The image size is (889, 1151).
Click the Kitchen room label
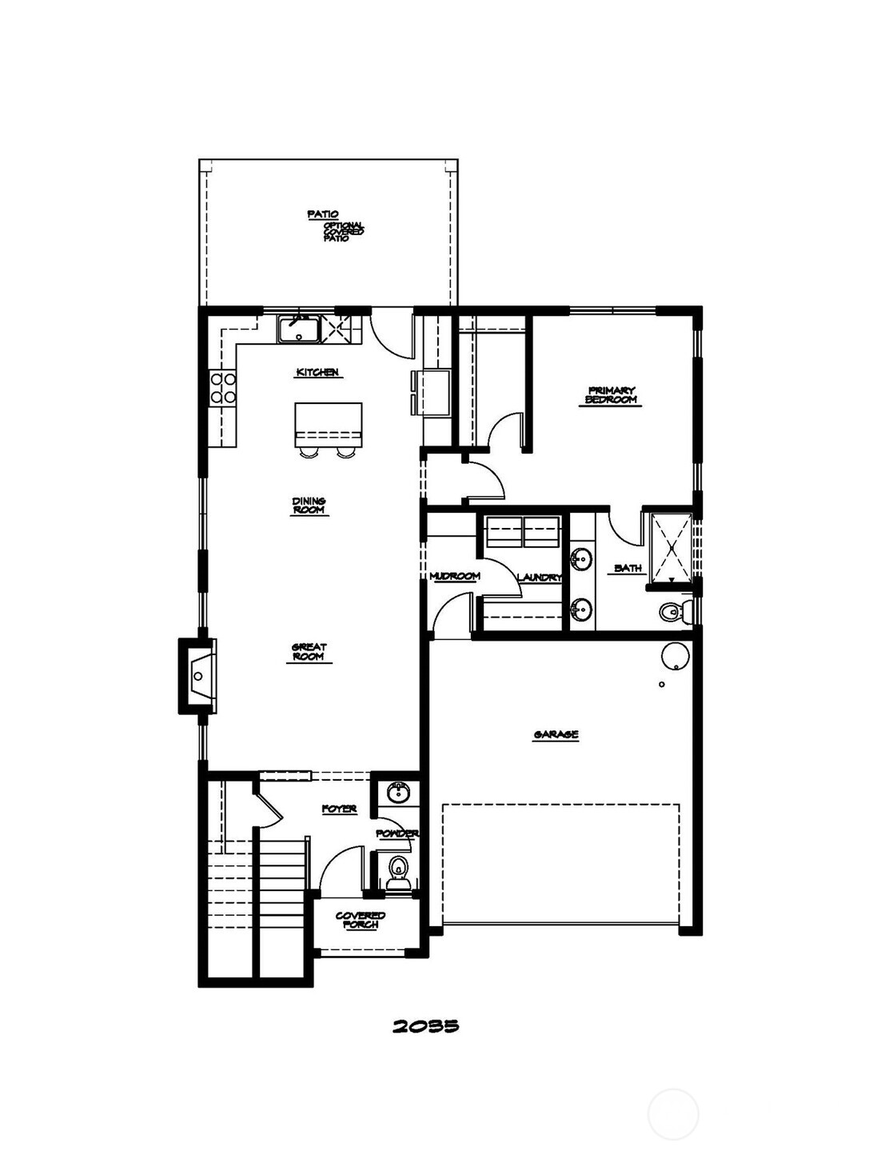tap(318, 373)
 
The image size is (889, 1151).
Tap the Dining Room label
tap(309, 506)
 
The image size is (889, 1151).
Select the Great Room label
tap(309, 652)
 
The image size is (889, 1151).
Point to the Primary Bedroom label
tap(612, 395)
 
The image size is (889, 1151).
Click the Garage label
tap(556, 734)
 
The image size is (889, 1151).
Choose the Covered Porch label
tap(361, 920)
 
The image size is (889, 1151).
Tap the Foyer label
tap(339, 809)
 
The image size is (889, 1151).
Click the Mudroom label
tap(454, 576)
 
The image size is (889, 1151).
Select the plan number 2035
tap(425, 1026)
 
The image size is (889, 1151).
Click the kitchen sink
tap(298, 329)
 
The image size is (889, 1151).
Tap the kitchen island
tap(328, 425)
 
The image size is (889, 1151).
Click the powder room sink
tap(397, 793)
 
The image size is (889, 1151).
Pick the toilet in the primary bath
tap(672, 613)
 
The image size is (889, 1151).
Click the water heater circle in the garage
tap(675, 656)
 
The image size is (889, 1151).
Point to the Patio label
tap(323, 214)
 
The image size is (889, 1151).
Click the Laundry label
tap(540, 577)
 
